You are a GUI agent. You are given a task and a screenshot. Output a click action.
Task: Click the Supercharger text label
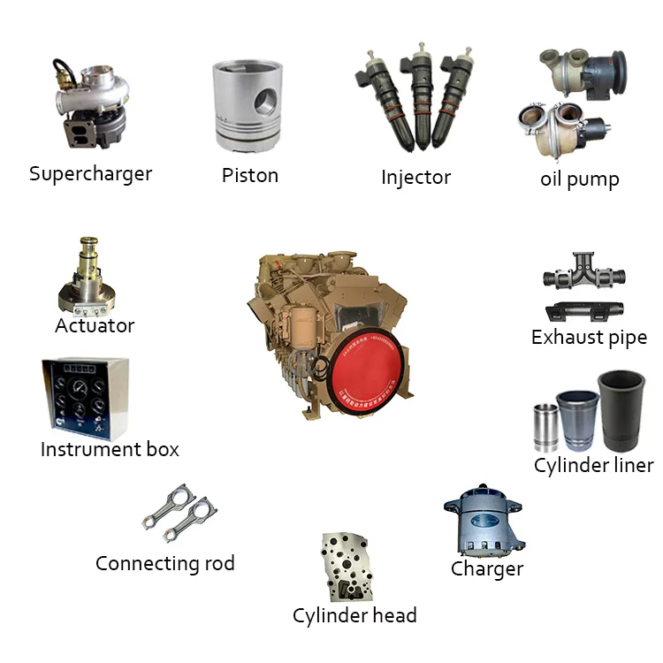pos(90,173)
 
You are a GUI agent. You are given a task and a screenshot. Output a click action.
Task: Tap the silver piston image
pos(250,106)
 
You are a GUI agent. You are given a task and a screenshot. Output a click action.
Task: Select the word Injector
pos(415,177)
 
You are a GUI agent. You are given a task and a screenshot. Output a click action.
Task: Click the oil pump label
pos(579,179)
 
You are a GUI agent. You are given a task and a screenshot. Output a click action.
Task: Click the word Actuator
pos(95,325)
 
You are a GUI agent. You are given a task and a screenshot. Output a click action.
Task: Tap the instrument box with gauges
pos(85,399)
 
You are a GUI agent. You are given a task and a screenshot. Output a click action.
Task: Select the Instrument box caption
pos(110,449)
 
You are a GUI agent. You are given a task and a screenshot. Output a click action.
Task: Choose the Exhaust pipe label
pos(589,337)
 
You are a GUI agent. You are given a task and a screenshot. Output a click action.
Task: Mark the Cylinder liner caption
pos(593,465)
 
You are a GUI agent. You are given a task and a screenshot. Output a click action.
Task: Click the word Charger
pos(486,568)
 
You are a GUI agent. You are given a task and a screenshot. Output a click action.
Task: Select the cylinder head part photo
pos(347,567)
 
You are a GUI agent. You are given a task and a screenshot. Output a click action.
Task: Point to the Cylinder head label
pos(354,615)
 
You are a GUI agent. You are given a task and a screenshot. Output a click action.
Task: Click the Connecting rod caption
pos(165,563)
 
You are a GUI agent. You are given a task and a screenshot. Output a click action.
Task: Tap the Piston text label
pos(250,175)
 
